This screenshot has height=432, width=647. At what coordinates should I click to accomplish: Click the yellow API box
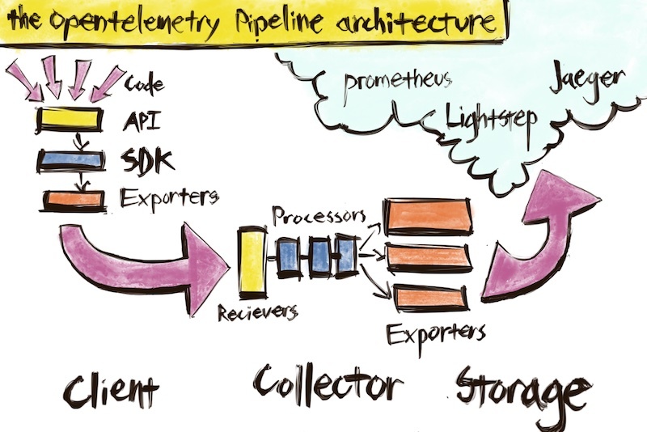pos(68,120)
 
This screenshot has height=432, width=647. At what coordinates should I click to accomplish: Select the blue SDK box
pos(68,159)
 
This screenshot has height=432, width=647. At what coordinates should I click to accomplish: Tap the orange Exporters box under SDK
pos(68,197)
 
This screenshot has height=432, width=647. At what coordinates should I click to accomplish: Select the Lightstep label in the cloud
pos(492,120)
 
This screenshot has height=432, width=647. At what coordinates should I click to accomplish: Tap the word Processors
pos(318,216)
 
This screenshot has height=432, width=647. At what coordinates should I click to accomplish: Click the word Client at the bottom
pos(111,390)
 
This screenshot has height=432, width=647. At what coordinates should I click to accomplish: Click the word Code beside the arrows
pos(146,83)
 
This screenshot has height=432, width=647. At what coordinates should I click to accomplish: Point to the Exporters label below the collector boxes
pos(435,332)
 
